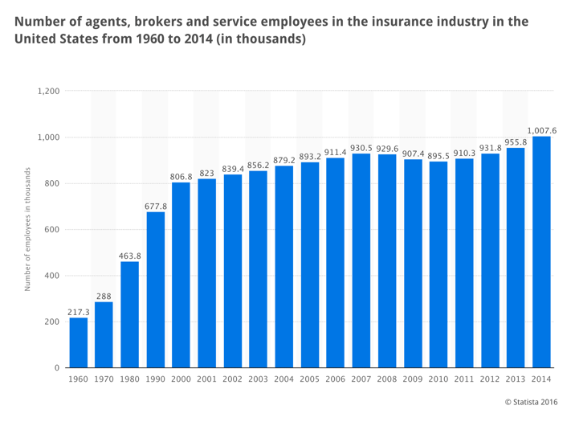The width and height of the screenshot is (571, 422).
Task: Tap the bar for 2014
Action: tap(542, 252)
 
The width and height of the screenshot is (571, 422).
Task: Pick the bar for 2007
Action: tap(361, 261)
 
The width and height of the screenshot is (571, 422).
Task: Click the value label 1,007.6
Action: tap(542, 129)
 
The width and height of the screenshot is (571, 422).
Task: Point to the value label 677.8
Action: tap(156, 205)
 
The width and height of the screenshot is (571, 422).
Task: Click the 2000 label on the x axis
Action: tap(181, 379)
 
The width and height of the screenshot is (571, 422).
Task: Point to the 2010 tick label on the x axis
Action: tap(438, 379)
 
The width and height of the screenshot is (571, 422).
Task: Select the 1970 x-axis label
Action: tap(104, 379)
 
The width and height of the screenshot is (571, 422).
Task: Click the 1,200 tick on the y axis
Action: tap(49, 92)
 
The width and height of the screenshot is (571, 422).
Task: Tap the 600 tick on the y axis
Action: tap(53, 230)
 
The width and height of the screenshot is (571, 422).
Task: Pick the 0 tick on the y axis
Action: tap(57, 368)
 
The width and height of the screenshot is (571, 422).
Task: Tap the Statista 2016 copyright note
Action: tap(531, 401)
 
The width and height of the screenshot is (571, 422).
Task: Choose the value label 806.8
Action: tap(181, 175)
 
